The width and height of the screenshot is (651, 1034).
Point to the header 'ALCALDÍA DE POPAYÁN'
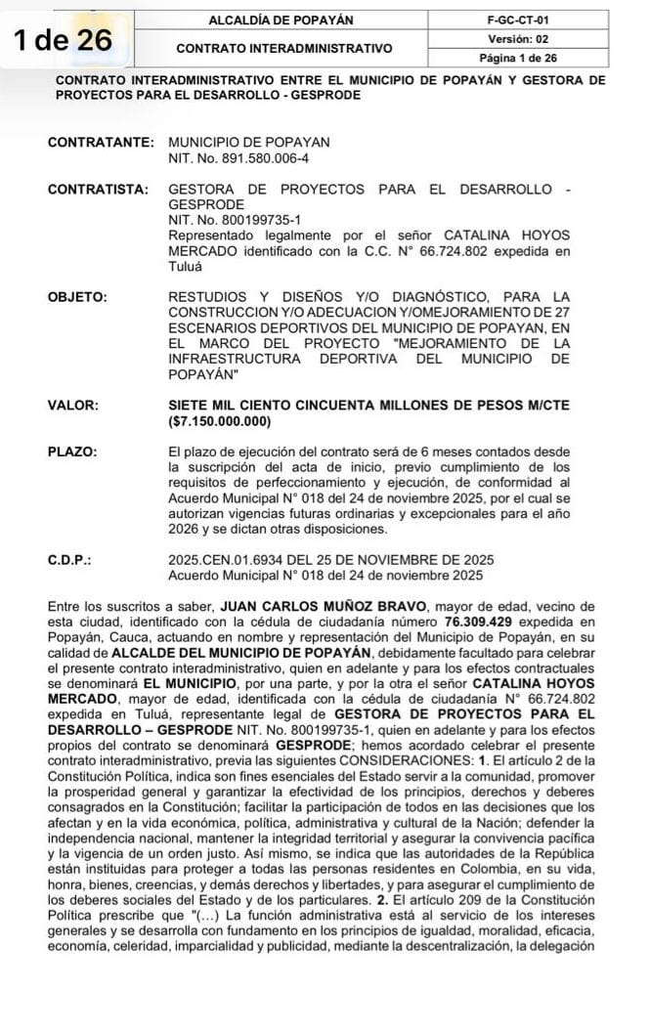coord(282,20)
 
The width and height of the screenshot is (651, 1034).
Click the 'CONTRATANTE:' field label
coord(100,142)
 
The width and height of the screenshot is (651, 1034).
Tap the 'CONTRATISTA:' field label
coord(98,189)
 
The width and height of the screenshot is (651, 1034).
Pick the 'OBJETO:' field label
coord(77,296)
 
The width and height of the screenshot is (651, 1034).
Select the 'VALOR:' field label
coord(72,405)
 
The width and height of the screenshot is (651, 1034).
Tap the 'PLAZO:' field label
coord(72,452)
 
